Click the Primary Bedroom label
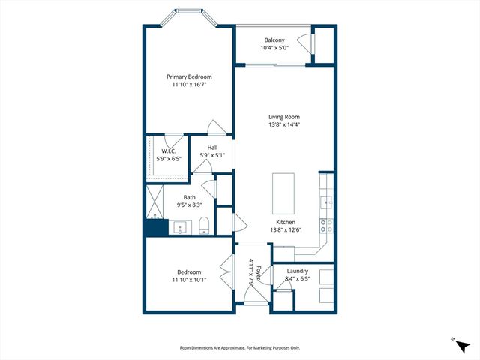[189, 76]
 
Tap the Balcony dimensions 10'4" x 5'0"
[274, 49]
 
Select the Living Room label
[284, 117]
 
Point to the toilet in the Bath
[203, 225]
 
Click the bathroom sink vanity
[181, 226]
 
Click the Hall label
[212, 147]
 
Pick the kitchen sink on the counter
[326, 202]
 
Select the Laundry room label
[298, 271]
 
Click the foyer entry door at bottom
[253, 298]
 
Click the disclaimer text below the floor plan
[240, 348]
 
